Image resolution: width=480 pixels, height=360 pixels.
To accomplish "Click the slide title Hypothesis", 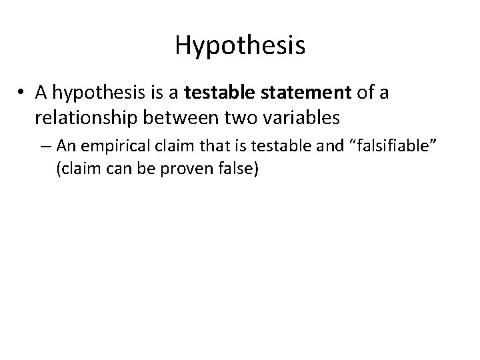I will tap(240, 46).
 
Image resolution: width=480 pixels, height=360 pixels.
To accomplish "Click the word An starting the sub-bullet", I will tap(65, 145).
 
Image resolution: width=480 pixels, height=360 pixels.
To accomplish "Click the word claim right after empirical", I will tap(158, 145).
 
